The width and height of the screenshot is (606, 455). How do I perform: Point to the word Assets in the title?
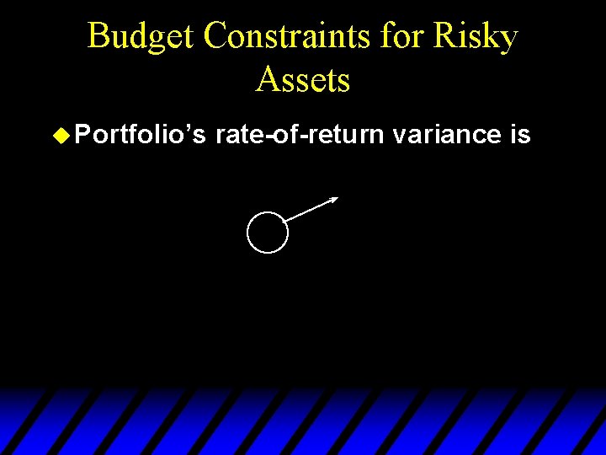303,80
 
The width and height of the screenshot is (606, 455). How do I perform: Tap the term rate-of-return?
300,135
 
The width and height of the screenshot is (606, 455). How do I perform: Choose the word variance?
447,135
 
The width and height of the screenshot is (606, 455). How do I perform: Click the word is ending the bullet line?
521,135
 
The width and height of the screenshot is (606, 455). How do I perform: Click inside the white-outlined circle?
268,232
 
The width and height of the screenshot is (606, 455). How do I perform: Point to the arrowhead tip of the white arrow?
337,198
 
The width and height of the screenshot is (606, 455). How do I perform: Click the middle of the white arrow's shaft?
311,209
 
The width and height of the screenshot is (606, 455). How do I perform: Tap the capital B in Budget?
98,37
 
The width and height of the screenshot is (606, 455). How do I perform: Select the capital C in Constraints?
216,37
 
